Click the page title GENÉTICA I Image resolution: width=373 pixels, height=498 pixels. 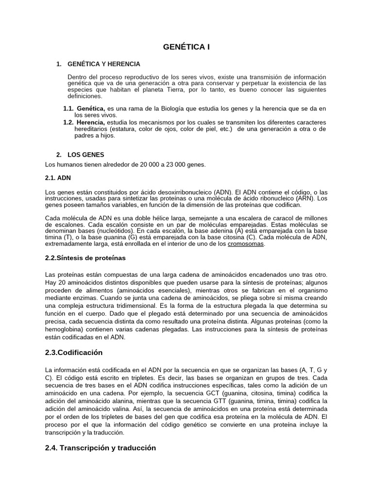[186, 47]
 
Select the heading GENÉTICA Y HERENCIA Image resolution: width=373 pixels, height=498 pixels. [104, 64]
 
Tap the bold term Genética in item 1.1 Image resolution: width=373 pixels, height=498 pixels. [90, 108]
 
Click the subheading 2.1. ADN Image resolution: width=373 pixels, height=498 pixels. [58, 178]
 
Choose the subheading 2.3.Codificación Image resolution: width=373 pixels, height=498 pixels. [74, 352]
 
